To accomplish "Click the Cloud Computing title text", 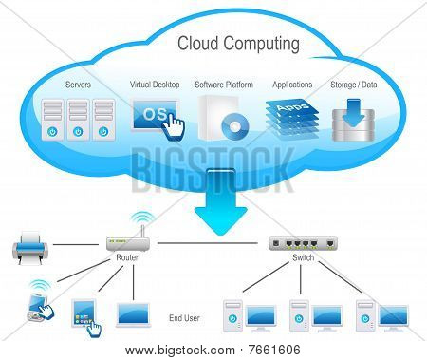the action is pyautogui.click(x=238, y=44).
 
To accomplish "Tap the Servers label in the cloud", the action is pyautogui.click(x=78, y=85).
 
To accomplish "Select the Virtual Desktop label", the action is pyautogui.click(x=155, y=85).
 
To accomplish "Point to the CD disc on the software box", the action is pyautogui.click(x=234, y=127).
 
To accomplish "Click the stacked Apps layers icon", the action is pyautogui.click(x=291, y=120).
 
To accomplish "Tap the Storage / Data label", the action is pyautogui.click(x=354, y=85).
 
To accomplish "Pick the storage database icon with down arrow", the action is pyautogui.click(x=353, y=121).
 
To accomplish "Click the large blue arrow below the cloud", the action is pyautogui.click(x=220, y=202).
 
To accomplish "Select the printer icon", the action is pyautogui.click(x=30, y=248).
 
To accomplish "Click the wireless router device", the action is pyautogui.click(x=127, y=243).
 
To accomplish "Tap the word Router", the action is pyautogui.click(x=127, y=257).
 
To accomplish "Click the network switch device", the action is pyautogui.click(x=303, y=243).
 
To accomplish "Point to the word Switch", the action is pyautogui.click(x=303, y=257).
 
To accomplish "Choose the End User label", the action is pyautogui.click(x=184, y=318).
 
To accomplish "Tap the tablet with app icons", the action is pyautogui.click(x=84, y=313).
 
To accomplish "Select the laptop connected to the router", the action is pyautogui.click(x=133, y=314).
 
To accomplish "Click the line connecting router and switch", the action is pyautogui.click(x=208, y=243).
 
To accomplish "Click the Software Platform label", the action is pyautogui.click(x=224, y=85).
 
